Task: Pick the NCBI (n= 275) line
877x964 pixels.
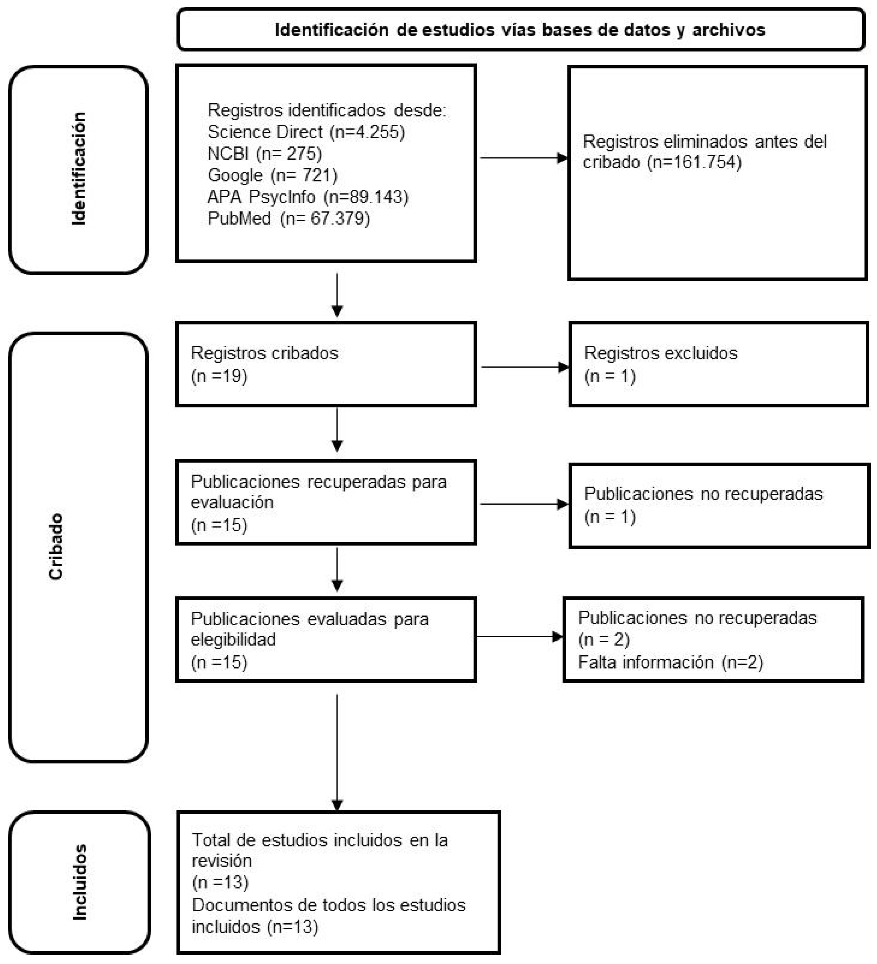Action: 265,153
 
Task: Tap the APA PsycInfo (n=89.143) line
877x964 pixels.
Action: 308,197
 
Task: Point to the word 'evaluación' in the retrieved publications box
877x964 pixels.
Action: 232,502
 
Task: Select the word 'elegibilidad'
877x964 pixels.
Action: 233,639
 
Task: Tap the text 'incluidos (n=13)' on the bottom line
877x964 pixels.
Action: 254,926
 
